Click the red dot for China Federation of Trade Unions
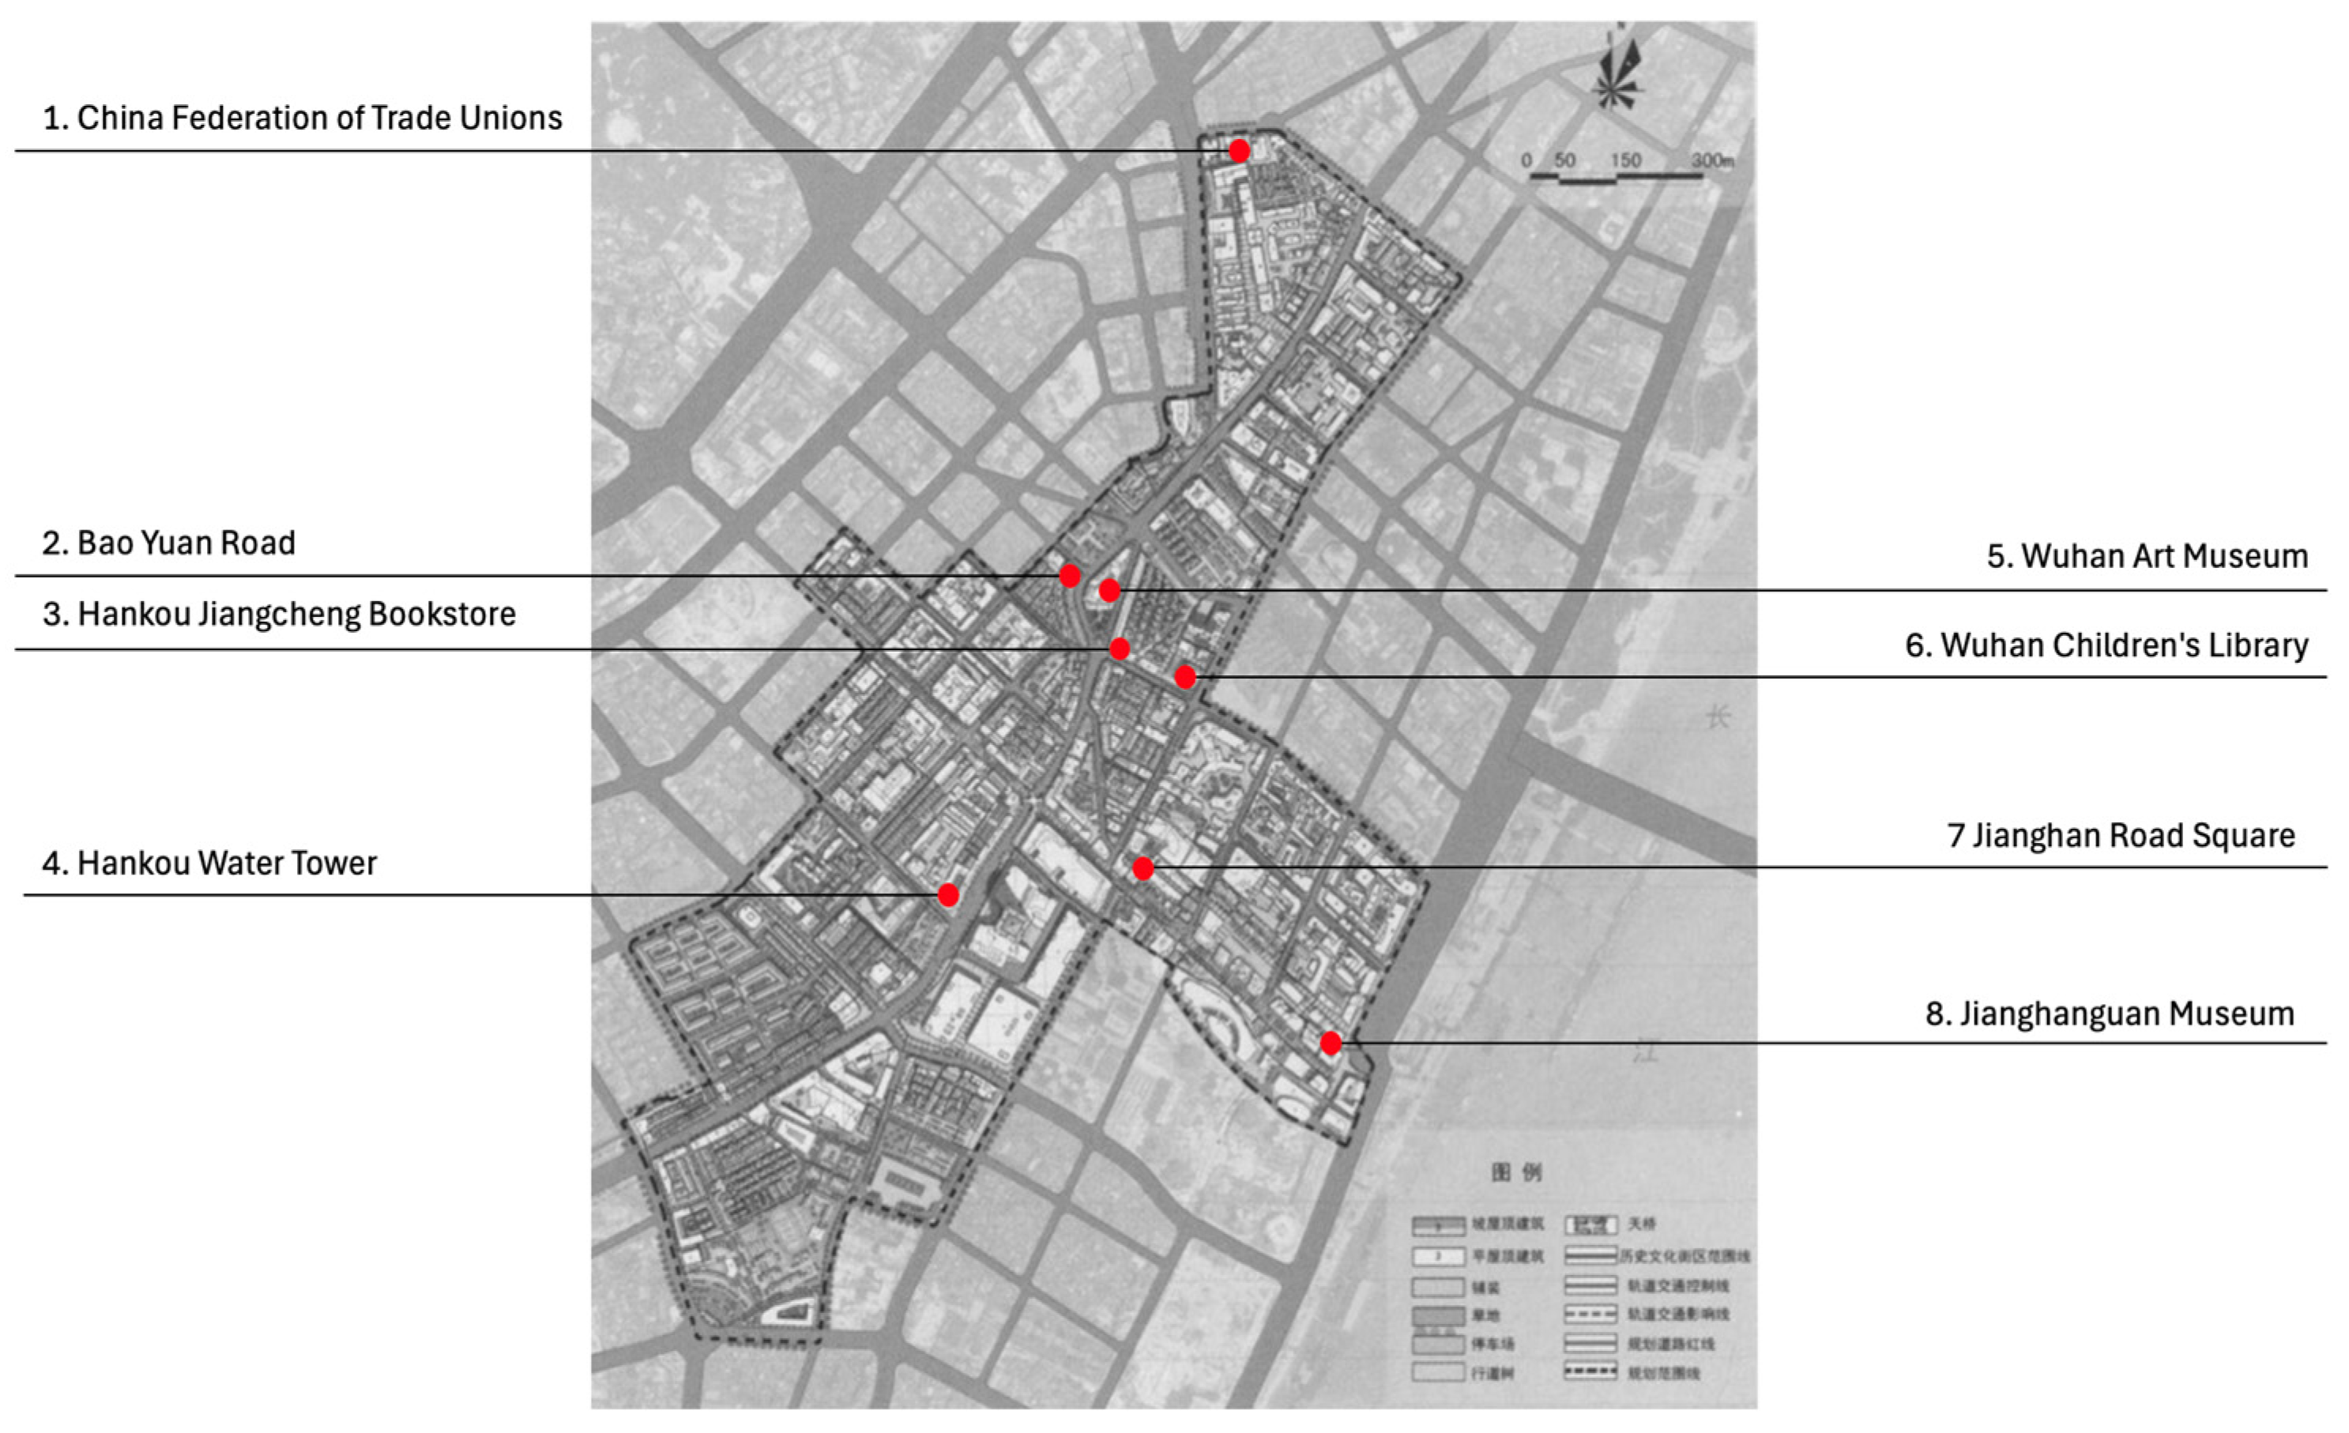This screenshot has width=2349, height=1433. [x=1238, y=151]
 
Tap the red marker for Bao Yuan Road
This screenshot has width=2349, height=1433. [x=1070, y=576]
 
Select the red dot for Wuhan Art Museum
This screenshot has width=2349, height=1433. [x=1109, y=590]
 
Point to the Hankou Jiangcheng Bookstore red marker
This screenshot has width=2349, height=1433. [x=1120, y=649]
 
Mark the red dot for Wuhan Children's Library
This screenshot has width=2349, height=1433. [x=1185, y=677]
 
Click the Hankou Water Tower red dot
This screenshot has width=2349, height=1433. [x=947, y=894]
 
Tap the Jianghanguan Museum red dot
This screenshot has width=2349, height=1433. [x=1331, y=1043]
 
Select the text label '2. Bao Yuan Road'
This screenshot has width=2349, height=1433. [x=169, y=543]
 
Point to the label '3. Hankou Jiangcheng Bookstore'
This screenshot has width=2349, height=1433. [x=278, y=614]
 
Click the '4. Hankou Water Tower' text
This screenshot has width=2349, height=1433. [x=209, y=863]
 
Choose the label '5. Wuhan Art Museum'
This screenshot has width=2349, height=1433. [x=2147, y=556]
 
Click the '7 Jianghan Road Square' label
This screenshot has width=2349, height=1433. [x=2120, y=835]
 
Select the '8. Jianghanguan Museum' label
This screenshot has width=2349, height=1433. [x=2110, y=1014]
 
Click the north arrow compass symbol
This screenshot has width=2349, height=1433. [x=1618, y=72]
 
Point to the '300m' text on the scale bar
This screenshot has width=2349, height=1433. [x=1712, y=160]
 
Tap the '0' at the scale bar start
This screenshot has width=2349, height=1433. [x=1526, y=160]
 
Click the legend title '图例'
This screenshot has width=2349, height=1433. [x=1515, y=1172]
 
